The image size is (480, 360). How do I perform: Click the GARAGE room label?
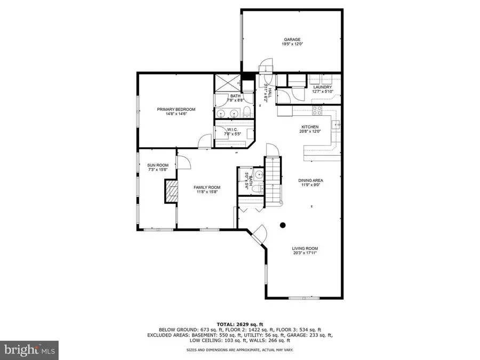point(292,39)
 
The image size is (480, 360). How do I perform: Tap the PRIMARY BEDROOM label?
point(176,109)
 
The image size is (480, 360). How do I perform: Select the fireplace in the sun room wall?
point(171,190)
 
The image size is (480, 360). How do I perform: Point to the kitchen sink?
point(335,125)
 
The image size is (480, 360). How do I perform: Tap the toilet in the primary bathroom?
point(247,111)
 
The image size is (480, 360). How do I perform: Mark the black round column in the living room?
point(284,225)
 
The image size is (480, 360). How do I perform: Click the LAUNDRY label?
point(322,87)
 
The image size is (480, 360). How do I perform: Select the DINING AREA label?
point(310,180)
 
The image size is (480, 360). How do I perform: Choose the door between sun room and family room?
point(182,162)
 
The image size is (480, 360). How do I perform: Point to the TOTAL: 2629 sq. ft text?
point(239,324)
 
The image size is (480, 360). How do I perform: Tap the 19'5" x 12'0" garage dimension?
point(292,45)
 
